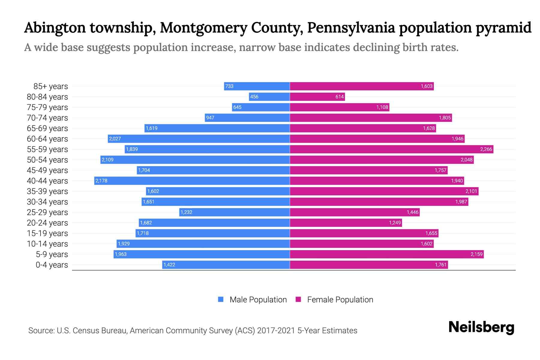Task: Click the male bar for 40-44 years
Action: (192, 181)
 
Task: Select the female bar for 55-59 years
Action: (391, 149)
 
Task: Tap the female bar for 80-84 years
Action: (317, 97)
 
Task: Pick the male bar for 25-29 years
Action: (235, 212)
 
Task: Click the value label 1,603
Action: (426, 86)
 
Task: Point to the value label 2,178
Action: (101, 181)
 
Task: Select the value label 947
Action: (210, 118)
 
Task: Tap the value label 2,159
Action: (476, 254)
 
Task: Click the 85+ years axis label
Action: (51, 86)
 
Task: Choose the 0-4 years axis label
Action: (52, 265)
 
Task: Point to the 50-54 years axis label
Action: (47, 160)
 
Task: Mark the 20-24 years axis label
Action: (47, 223)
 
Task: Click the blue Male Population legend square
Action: (221, 299)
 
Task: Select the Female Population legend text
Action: (340, 299)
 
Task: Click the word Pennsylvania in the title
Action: (351, 28)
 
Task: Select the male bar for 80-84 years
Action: (269, 97)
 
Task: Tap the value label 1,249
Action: (395, 223)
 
